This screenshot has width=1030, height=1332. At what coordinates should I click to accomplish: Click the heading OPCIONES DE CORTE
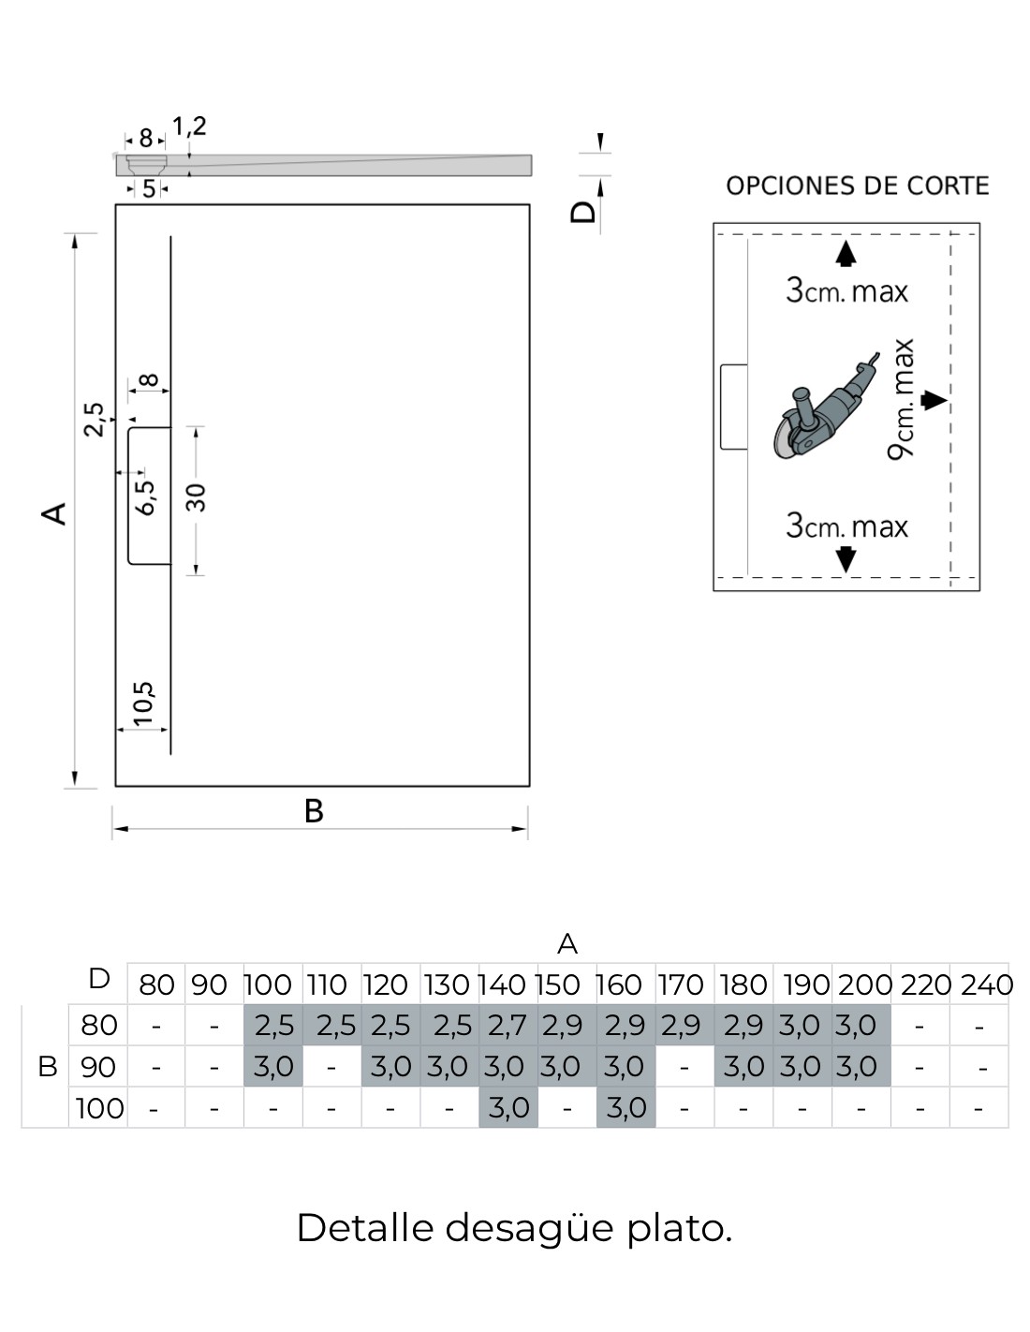coord(857,185)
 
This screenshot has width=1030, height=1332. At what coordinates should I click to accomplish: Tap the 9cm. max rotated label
coord(901,399)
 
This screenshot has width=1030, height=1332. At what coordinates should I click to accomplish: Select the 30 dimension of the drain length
coord(196,497)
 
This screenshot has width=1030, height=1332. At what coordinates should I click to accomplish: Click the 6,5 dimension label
coord(146,497)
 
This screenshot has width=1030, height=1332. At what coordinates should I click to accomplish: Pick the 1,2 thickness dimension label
coord(189,126)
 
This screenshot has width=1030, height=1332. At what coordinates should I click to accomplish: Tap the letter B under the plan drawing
coord(314,811)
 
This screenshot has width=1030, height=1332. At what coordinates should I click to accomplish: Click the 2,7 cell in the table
coord(507,1026)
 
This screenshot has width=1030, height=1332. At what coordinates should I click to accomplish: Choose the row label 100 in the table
coord(100,1108)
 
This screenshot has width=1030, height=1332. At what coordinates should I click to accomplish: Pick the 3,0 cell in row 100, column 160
coord(626,1107)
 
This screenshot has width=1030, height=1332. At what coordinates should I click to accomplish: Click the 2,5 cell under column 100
coord(274,1026)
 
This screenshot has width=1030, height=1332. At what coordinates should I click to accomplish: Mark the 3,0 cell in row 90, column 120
coord(390,1067)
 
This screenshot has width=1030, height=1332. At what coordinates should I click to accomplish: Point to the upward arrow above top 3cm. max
coord(846,253)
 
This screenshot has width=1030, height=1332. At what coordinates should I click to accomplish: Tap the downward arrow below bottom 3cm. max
coord(846,559)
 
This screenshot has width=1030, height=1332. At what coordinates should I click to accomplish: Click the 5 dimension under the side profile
coord(149,189)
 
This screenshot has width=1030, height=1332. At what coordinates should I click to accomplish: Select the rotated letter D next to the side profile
coord(582,212)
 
